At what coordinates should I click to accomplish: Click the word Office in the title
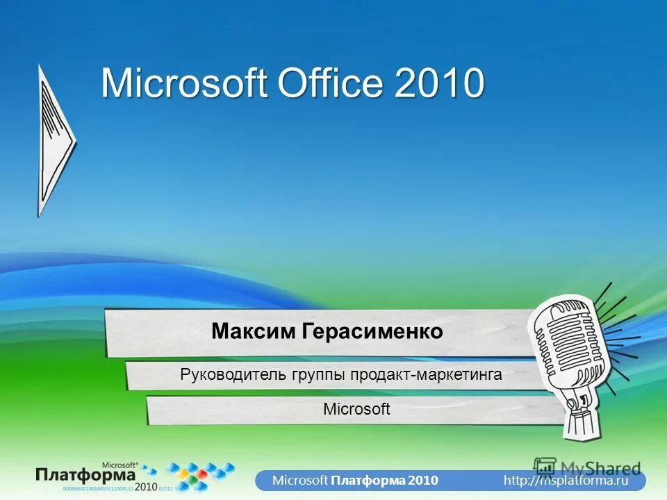331,83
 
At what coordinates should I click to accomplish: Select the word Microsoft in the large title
185,83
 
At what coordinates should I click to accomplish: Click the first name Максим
254,331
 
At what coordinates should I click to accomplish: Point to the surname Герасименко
372,331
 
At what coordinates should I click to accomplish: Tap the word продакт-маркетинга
426,376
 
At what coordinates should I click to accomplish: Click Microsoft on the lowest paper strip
356,409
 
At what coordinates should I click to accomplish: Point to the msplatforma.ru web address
566,480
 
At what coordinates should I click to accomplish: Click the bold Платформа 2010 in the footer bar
384,480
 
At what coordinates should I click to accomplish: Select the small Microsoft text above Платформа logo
120,463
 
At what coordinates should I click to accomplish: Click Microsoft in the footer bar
299,480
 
